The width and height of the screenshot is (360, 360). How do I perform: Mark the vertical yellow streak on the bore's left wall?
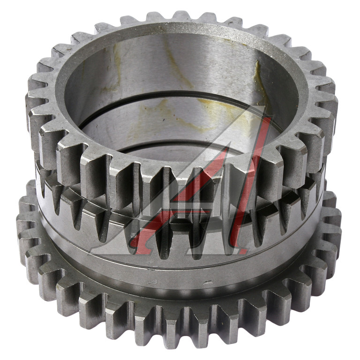pos(117,67)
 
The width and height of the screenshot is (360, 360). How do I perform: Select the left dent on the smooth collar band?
pos(153,282)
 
